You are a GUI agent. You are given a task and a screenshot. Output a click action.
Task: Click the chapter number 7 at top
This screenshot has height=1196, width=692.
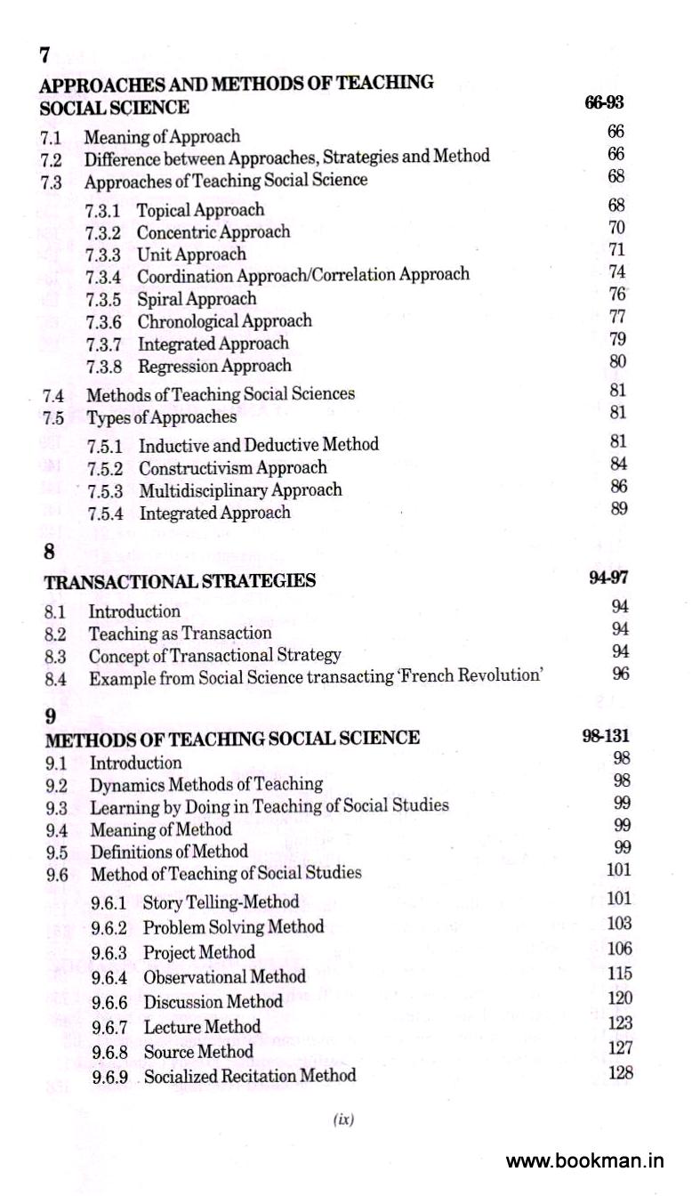tap(44, 55)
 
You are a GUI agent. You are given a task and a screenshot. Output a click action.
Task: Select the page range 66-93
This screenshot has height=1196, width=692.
tap(604, 104)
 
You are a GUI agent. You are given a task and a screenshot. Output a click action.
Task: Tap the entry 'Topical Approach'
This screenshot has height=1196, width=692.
tap(200, 210)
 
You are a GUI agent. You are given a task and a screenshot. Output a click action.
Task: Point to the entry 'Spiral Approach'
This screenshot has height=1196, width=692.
tap(197, 299)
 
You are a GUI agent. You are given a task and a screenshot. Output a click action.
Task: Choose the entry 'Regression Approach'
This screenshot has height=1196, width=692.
tap(214, 366)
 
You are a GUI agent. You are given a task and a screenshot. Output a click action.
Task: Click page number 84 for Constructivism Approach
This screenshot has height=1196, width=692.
tap(618, 464)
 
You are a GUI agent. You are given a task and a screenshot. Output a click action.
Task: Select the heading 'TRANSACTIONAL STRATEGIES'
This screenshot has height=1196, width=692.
tap(180, 581)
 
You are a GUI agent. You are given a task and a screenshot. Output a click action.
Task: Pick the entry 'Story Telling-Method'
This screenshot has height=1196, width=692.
tap(221, 902)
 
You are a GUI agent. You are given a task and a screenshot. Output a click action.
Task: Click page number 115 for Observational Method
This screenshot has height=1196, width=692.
tap(619, 974)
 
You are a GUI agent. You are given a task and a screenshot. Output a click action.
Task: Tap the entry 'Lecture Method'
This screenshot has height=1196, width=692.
tap(202, 1027)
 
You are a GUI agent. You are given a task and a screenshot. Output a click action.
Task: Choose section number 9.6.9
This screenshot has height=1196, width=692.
tap(110, 1077)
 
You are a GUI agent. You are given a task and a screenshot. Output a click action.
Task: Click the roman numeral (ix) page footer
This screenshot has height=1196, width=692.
tap(342, 1120)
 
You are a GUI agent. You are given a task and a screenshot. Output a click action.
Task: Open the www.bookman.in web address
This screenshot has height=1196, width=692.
tap(584, 1161)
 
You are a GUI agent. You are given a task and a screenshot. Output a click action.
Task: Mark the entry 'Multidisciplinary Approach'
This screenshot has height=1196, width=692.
tap(240, 490)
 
